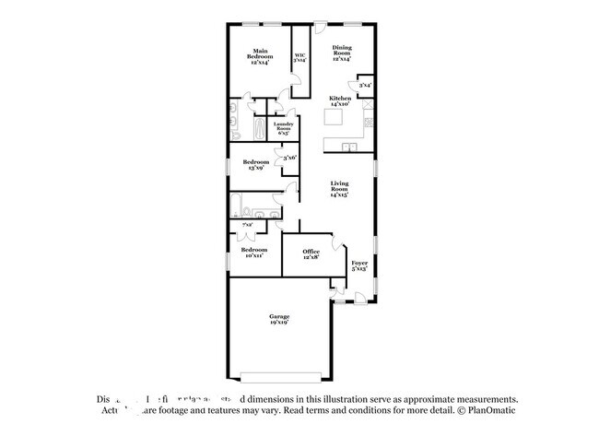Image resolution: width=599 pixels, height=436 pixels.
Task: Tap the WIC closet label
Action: point(299,57)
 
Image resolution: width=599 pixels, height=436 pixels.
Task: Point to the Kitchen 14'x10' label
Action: point(340,101)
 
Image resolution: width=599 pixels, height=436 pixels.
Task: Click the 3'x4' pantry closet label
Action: point(366,86)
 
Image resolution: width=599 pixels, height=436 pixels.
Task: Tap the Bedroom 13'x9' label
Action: point(255,165)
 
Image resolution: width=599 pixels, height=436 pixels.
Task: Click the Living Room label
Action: point(341,190)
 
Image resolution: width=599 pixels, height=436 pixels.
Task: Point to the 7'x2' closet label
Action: point(247,226)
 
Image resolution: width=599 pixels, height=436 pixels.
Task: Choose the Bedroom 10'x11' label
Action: point(254,253)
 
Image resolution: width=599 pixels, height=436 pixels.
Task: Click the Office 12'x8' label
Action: point(312,253)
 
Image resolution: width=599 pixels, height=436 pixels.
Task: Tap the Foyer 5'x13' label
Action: point(359,266)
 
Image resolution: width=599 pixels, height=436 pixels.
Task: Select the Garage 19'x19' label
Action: point(279,319)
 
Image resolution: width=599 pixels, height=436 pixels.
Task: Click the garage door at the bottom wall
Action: point(279,374)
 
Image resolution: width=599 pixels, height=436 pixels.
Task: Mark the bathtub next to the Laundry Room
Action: point(259,128)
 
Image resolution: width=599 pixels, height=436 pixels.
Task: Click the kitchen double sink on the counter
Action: point(348,147)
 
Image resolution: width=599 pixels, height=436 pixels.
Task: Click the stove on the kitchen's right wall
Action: point(369,121)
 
